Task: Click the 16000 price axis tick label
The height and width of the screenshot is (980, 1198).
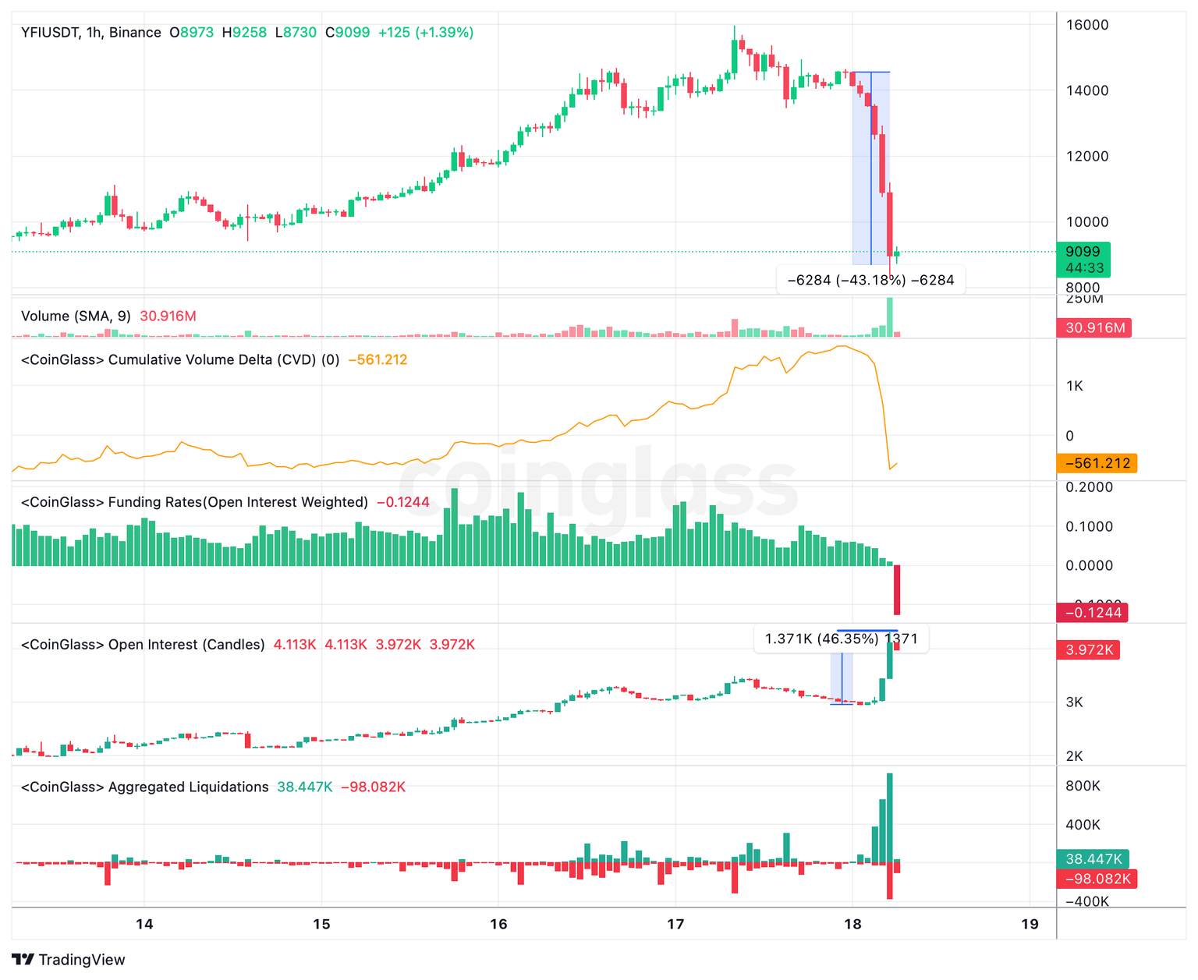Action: point(1086,25)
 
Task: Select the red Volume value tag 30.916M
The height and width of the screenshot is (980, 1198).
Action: point(1093,327)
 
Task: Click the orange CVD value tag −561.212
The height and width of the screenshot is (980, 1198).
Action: point(1097,463)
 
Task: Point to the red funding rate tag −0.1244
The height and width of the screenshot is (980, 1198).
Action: point(1093,613)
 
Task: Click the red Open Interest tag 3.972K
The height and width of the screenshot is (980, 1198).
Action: point(1087,649)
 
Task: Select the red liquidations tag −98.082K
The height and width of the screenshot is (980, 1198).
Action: point(1096,879)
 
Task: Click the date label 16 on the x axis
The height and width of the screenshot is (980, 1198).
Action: point(498,925)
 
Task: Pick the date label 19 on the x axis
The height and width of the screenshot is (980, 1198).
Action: point(1030,925)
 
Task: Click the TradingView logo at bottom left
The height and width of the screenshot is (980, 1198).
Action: point(69,960)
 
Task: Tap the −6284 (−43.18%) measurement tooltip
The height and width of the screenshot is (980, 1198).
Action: point(870,280)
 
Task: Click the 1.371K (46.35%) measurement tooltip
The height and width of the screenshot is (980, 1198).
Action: point(841,639)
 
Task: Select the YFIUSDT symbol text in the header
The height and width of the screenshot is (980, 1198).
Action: point(50,33)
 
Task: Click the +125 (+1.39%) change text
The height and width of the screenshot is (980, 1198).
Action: point(425,33)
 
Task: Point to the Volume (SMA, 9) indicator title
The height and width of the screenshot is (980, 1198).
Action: point(76,317)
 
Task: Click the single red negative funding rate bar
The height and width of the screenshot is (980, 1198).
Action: point(897,589)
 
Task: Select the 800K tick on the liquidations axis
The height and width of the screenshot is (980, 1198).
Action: point(1083,786)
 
